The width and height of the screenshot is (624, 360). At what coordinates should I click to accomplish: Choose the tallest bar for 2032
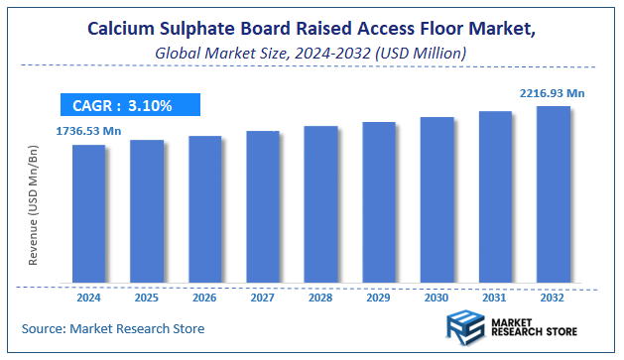tap(553, 193)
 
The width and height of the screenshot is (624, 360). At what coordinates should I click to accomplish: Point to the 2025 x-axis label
tap(146, 296)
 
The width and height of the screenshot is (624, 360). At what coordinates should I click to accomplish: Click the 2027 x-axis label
tap(262, 296)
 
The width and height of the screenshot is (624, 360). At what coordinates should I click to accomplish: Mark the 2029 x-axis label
tap(378, 296)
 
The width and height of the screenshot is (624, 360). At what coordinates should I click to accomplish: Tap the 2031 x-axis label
tap(494, 296)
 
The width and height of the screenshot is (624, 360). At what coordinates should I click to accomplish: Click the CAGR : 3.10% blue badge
tap(129, 104)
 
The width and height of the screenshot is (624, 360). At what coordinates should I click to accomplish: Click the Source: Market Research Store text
tap(113, 327)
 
